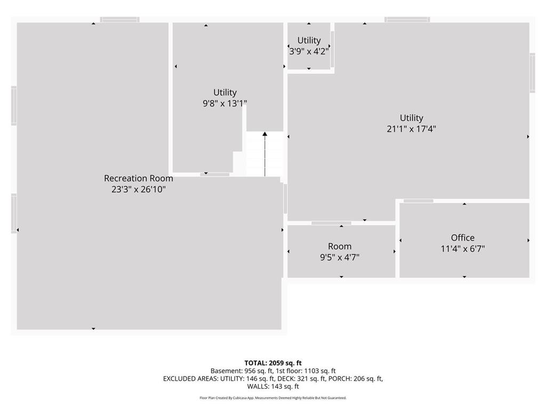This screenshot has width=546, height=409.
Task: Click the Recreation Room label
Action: (x=139, y=178)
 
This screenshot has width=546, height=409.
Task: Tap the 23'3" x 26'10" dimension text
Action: (x=139, y=190)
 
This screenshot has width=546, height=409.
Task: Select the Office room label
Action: (x=463, y=238)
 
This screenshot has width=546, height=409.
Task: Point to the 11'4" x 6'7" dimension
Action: (x=463, y=249)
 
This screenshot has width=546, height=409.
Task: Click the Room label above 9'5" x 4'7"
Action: (x=340, y=247)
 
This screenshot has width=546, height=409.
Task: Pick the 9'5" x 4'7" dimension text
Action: (x=340, y=258)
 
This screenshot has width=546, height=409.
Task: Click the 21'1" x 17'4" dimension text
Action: (x=411, y=129)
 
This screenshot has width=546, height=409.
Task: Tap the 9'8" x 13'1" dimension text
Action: (x=225, y=104)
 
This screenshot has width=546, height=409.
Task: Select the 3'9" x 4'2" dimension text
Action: (x=309, y=52)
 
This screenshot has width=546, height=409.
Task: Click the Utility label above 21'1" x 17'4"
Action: (x=411, y=118)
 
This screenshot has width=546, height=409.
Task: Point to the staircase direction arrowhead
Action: (x=265, y=134)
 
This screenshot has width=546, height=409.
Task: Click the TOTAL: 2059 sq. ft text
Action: (x=273, y=363)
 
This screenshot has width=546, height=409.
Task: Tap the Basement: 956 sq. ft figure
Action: (x=242, y=371)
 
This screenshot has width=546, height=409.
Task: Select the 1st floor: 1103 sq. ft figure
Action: (x=306, y=371)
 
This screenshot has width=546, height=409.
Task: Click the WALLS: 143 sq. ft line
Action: (x=273, y=387)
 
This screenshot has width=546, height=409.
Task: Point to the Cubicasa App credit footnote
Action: (x=273, y=398)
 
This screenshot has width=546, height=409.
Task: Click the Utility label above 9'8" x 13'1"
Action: (x=225, y=93)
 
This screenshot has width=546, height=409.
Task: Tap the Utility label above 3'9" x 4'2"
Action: (x=309, y=40)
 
